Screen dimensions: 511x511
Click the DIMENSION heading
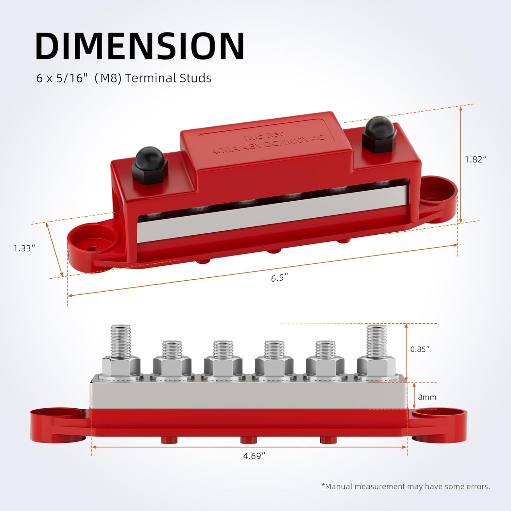tap(140, 46)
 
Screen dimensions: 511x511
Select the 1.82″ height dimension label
tap(476, 159)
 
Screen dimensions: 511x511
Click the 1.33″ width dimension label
tap(24, 248)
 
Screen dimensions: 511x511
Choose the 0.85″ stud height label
tap(419, 349)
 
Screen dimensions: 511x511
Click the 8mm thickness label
tap(427, 397)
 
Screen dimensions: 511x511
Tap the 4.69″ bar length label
tap(254, 456)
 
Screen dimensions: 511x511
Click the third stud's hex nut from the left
tap(223, 366)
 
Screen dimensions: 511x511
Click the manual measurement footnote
tap(405, 486)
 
